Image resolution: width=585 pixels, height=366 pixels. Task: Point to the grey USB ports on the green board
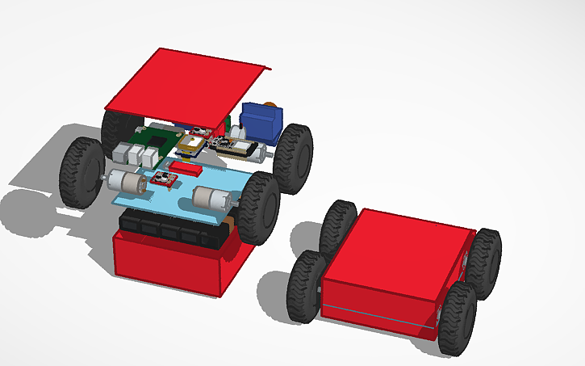(x=127, y=154)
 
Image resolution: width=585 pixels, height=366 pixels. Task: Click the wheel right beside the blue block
(x=295, y=158)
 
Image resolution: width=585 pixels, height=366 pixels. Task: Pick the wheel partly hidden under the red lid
(x=113, y=129)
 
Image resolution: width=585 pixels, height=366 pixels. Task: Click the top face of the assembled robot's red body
(x=395, y=246)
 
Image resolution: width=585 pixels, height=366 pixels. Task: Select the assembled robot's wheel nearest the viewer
(x=457, y=319)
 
